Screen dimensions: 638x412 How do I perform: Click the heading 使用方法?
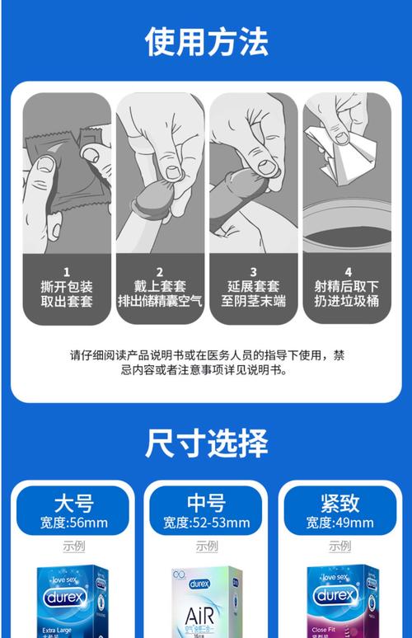click(206, 40)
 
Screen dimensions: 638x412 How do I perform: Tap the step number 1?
click(67, 271)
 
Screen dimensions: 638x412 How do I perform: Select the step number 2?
click(160, 271)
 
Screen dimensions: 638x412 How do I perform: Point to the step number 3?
click(253, 271)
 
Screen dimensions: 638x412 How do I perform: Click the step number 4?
click(347, 271)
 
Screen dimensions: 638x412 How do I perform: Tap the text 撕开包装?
click(67, 287)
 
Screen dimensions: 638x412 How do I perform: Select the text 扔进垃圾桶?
click(347, 302)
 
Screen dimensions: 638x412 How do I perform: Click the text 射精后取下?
click(347, 287)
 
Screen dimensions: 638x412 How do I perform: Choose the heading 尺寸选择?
click(206, 443)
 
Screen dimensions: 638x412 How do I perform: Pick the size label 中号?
click(206, 502)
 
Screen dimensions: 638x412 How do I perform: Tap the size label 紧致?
click(339, 502)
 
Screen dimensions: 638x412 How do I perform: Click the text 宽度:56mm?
click(73, 523)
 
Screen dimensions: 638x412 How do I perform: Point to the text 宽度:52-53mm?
click(206, 523)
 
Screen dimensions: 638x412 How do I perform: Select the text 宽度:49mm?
click(339, 523)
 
